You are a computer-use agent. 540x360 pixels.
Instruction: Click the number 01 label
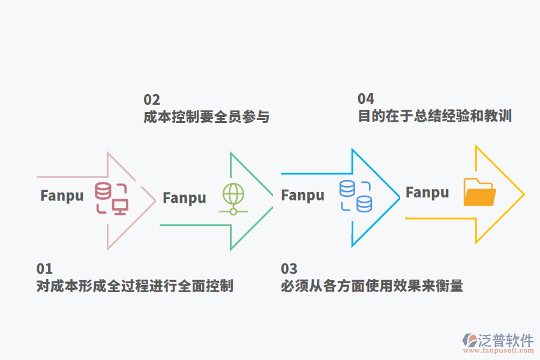[x=44, y=269]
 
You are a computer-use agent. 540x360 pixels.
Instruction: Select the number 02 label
[x=152, y=100]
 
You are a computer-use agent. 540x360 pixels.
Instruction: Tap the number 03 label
[x=289, y=269]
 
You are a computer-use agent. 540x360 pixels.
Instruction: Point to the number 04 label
[x=366, y=99]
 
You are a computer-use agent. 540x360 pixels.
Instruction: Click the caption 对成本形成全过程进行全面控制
[x=135, y=286]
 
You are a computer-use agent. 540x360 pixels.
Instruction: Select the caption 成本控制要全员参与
[x=206, y=116]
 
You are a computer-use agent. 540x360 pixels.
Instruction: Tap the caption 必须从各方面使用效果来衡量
[x=372, y=286]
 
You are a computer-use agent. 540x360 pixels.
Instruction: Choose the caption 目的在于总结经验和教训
[x=434, y=116]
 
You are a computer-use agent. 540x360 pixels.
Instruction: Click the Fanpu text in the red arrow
[x=62, y=196]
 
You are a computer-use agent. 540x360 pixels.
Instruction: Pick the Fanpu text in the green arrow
[x=184, y=198]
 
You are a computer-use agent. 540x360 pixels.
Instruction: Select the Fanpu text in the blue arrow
[x=302, y=196]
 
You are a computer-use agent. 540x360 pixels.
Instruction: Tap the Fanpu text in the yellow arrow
[x=427, y=193]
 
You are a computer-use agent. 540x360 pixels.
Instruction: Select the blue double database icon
[x=355, y=196]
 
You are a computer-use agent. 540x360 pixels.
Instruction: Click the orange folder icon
[x=480, y=193]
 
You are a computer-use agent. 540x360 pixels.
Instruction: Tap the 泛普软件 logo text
[x=505, y=340]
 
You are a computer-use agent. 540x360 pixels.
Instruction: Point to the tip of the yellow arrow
[x=524, y=194]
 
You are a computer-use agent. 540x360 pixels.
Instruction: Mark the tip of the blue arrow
[x=399, y=197]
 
